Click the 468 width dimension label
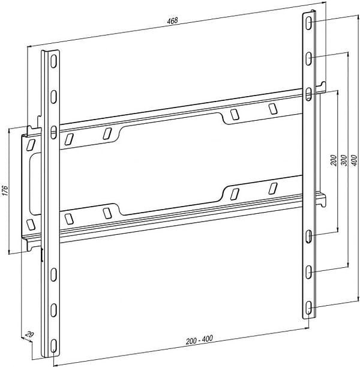point(172,21)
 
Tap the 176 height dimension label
point(5,190)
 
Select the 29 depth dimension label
point(29,334)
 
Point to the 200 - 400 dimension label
point(199,340)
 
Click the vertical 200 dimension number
point(334,160)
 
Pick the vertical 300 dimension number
point(344,160)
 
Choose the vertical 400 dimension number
point(354,160)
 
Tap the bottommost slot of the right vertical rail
point(308,308)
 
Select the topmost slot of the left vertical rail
point(54,61)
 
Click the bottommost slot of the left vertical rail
point(54,345)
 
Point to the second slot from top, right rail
point(308,59)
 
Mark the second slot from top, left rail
point(54,97)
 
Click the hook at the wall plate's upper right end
point(322,86)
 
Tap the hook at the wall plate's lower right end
point(322,199)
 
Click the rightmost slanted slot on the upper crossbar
point(273,109)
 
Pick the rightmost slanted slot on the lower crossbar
point(273,189)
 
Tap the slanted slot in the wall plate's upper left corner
point(31,145)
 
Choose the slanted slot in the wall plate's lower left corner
point(31,225)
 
